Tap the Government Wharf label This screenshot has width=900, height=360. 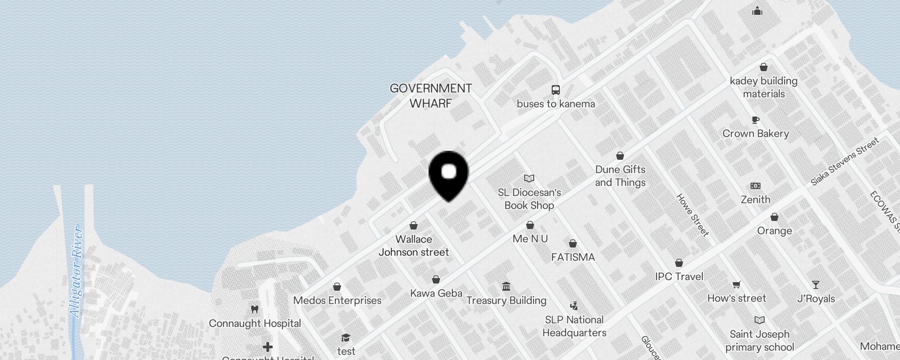point(431,96)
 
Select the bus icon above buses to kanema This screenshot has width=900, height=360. point(556,90)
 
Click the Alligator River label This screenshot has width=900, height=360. point(76,272)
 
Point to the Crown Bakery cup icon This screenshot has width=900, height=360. point(756,120)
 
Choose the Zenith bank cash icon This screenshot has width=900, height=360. point(756,186)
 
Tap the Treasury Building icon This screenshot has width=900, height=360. point(506,287)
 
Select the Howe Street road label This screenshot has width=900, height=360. point(693,215)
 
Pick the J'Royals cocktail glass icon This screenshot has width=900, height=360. point(816,285)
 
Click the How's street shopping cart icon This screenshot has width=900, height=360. point(737,284)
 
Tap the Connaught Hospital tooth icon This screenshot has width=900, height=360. point(255,310)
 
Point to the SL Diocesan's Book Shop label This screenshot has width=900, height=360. point(529,199)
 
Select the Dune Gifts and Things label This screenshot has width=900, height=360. point(620,176)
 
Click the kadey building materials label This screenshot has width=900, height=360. point(764,87)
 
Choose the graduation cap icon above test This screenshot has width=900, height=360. point(346,338)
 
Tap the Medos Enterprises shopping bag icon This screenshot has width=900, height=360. point(337,287)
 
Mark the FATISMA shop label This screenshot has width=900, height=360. point(573,257)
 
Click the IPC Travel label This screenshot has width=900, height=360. point(679,277)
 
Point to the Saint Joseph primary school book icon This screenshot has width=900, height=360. point(760,320)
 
